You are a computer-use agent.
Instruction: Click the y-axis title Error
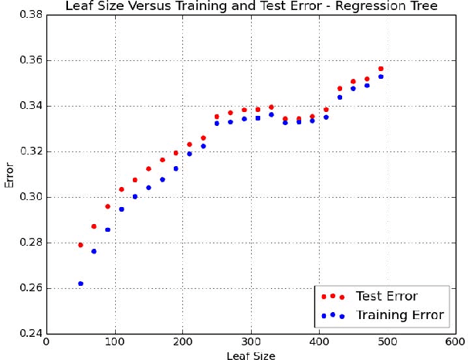tap(9, 175)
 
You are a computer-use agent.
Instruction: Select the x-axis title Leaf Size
tap(251, 355)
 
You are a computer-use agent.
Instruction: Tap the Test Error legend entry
tap(386, 296)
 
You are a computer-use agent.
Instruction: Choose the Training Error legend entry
tap(399, 315)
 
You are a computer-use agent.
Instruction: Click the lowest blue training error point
tap(80, 284)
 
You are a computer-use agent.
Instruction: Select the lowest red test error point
tap(80, 245)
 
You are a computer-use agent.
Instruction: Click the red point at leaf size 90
tap(107, 206)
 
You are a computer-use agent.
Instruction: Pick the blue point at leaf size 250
tap(217, 124)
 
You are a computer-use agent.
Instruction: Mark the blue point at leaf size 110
tap(121, 209)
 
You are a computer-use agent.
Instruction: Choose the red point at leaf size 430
tap(340, 89)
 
